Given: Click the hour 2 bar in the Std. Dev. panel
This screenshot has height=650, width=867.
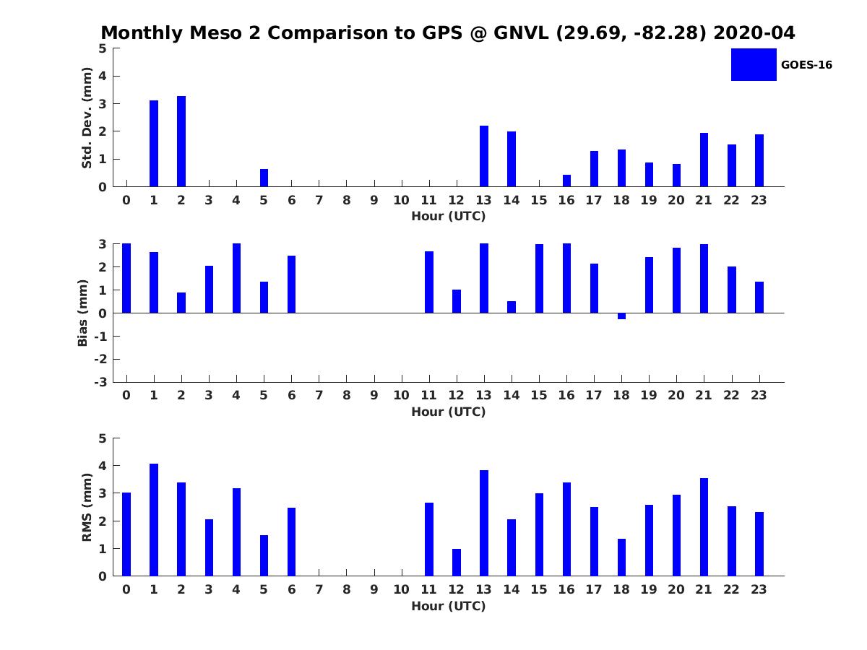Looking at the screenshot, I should click(181, 142).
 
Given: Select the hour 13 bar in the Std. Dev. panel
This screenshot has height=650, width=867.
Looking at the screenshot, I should click(484, 156).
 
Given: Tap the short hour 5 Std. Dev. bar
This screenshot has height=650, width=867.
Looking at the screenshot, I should click(264, 178).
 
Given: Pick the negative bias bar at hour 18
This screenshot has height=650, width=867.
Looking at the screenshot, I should click(621, 316).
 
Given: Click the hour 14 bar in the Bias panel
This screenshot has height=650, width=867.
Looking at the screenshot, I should click(512, 307).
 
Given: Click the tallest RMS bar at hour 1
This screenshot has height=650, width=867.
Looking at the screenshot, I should click(154, 520).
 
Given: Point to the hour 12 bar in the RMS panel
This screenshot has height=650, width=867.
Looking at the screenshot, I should click(457, 563).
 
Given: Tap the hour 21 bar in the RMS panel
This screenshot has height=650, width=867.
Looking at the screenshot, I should click(704, 527).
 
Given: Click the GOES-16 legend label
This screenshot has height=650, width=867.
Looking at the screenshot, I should click(806, 65).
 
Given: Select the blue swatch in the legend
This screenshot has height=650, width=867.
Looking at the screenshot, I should click(754, 65).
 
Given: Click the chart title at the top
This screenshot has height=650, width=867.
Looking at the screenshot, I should click(448, 33).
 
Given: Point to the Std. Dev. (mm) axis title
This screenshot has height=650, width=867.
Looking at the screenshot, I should click(87, 118).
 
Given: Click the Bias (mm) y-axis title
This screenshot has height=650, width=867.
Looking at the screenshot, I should click(83, 313).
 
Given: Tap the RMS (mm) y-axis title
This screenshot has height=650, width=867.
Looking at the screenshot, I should click(87, 507).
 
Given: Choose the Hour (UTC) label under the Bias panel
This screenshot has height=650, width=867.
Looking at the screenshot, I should click(448, 412).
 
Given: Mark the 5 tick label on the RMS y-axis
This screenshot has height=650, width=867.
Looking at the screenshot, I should click(103, 438).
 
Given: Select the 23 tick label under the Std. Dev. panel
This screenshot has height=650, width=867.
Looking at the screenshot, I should click(759, 200).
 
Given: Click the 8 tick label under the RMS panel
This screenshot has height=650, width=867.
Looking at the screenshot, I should click(347, 589).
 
